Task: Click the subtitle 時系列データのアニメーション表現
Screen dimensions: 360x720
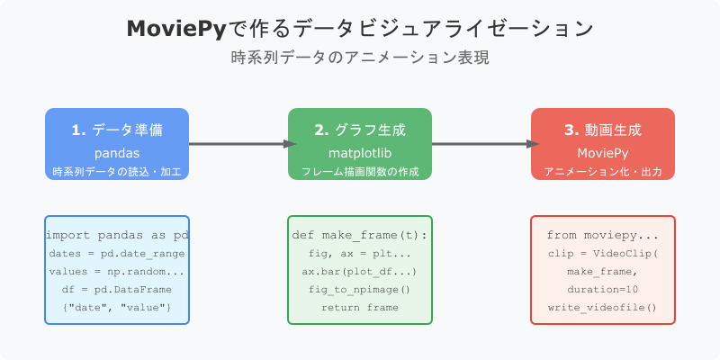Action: pos(360,56)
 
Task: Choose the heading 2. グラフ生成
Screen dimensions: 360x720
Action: pos(360,130)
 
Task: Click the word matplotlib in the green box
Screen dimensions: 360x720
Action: pos(360,154)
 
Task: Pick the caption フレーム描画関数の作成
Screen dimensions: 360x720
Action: pos(360,171)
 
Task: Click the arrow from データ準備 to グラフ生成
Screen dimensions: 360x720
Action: pos(238,144)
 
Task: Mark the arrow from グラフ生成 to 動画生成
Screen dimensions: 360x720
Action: pos(481,144)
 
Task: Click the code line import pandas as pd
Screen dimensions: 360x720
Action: pos(117,235)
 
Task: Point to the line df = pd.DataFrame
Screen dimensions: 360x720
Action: pos(117,289)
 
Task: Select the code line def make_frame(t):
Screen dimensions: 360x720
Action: pos(360,235)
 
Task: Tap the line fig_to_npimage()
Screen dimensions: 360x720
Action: pos(360,289)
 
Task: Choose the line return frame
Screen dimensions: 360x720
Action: pos(360,307)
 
